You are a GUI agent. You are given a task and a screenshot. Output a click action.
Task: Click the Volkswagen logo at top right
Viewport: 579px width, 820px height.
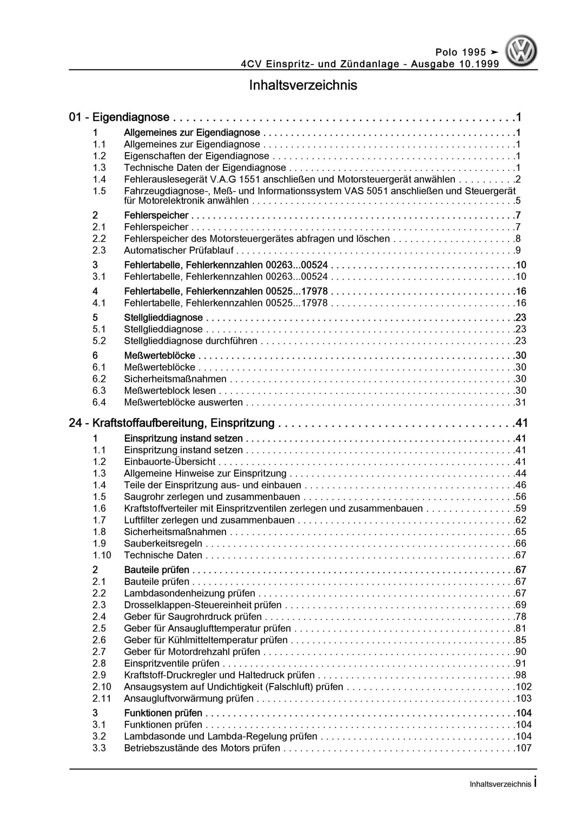tap(521, 51)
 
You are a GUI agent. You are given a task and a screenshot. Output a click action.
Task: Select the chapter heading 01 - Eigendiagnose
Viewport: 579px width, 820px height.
tap(119, 117)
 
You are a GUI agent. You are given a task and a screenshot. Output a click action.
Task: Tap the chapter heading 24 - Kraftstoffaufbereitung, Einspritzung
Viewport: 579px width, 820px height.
tap(172, 423)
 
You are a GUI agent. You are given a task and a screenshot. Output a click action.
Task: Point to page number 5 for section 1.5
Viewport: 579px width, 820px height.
tap(518, 201)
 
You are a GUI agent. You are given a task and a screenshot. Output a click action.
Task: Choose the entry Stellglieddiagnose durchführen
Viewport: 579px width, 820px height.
tap(191, 341)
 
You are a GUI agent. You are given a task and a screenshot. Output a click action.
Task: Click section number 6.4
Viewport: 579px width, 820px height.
tap(99, 402)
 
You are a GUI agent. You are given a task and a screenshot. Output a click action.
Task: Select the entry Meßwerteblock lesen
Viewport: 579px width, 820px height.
tap(170, 391)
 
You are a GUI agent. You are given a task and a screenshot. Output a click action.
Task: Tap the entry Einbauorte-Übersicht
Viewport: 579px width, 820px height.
tap(170, 462)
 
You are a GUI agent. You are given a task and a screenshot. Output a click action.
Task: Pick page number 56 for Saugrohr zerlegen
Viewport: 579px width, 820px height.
tap(521, 496)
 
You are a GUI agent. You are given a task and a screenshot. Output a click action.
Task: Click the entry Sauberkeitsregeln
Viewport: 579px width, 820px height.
tap(163, 543)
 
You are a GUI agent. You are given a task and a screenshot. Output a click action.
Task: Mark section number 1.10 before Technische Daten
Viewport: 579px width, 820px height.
tap(102, 555)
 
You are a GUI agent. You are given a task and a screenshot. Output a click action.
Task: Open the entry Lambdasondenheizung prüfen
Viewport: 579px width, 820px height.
tap(189, 593)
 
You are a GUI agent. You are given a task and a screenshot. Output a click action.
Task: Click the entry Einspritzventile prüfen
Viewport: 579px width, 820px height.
tap(172, 663)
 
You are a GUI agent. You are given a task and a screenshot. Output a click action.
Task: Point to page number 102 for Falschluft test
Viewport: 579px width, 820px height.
tap(523, 686)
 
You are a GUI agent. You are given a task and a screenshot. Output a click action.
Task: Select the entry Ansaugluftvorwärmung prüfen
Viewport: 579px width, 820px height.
tap(189, 698)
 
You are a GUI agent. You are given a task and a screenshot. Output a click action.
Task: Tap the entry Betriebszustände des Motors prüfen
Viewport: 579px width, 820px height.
tap(202, 748)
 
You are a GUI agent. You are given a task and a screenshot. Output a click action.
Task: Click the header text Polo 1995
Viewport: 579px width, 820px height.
tap(461, 53)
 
